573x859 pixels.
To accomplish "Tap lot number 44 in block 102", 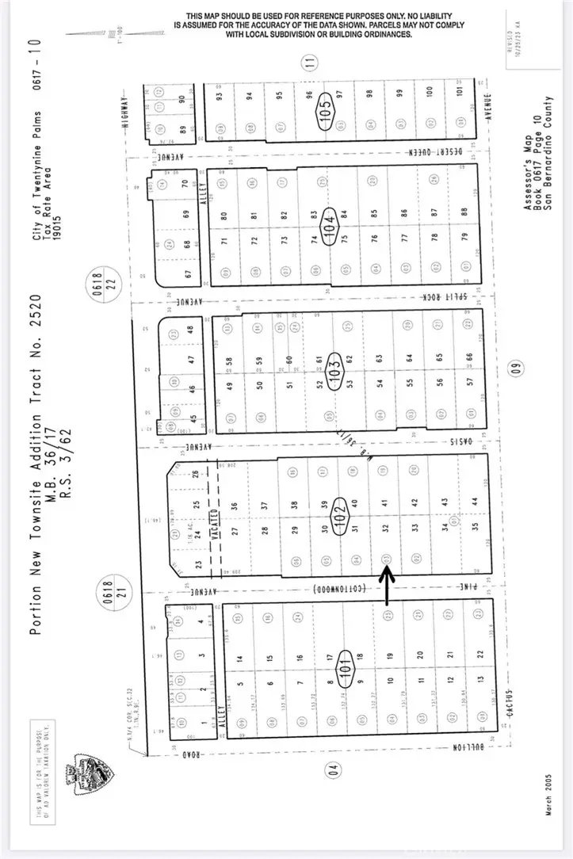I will pyautogui.click(x=475, y=500).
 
